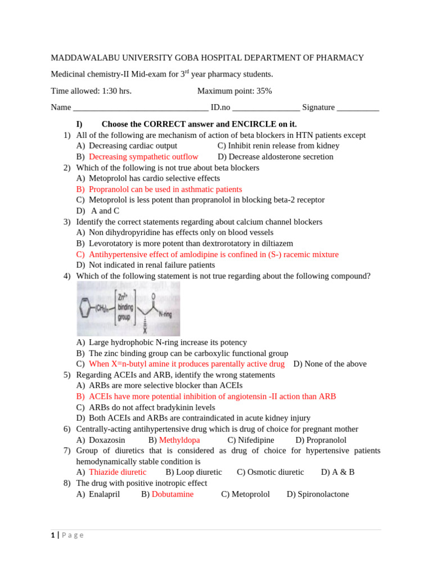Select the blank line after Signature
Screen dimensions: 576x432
[358, 108]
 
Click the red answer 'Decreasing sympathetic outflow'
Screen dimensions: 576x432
[143, 157]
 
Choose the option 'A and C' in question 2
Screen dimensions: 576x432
[105, 211]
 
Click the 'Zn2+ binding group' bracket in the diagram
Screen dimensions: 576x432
[124, 309]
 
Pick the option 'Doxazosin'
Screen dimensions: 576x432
[107, 440]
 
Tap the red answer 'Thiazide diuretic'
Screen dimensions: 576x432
[118, 472]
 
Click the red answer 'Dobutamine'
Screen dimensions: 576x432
[173, 494]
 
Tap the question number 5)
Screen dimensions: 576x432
[67, 375]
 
